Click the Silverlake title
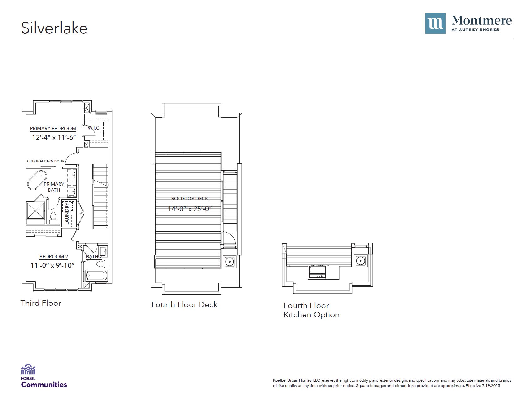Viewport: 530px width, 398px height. click(x=54, y=28)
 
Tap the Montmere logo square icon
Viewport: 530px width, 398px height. click(x=435, y=23)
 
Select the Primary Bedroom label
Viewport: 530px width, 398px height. click(x=53, y=129)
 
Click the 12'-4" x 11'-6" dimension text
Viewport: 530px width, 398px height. click(x=54, y=137)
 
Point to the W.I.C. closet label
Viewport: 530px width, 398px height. click(x=94, y=128)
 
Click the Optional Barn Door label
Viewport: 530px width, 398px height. click(x=45, y=161)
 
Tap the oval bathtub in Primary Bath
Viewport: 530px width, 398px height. click(x=37, y=180)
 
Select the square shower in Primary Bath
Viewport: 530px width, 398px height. click(x=35, y=211)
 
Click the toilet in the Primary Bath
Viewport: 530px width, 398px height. click(x=53, y=218)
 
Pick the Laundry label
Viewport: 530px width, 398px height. click(x=67, y=214)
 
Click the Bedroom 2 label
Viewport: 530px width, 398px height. click(x=54, y=257)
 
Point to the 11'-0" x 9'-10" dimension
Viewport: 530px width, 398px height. click(x=52, y=265)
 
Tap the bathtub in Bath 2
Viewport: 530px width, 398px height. click(x=96, y=276)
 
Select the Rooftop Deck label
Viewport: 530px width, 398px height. click(x=190, y=199)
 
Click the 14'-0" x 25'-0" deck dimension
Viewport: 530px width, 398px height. click(x=190, y=209)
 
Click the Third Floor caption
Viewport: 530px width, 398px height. click(x=41, y=303)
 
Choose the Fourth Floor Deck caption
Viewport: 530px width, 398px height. click(x=184, y=304)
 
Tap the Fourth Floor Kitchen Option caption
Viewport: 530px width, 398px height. click(x=311, y=310)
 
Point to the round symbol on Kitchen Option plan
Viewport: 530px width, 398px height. click(x=361, y=260)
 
